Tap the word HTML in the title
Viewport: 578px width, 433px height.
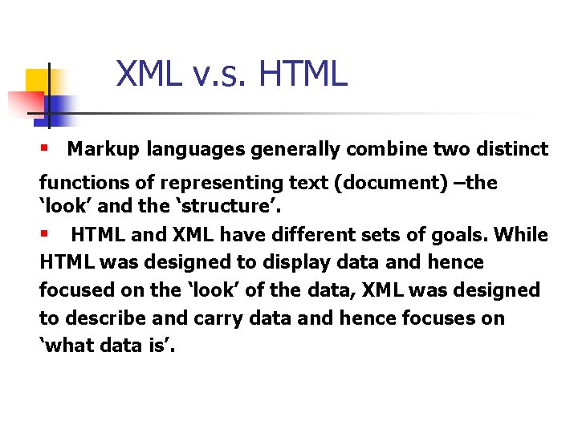[303, 75]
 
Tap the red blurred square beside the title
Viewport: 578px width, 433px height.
[26, 103]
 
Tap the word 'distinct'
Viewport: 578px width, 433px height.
[512, 149]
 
